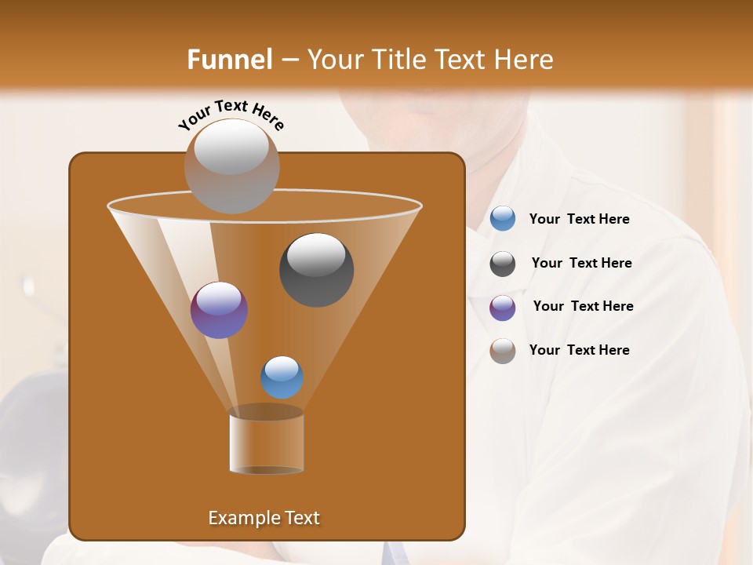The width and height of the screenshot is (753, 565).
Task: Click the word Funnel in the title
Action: [x=229, y=60]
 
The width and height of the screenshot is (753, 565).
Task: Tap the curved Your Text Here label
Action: [x=231, y=114]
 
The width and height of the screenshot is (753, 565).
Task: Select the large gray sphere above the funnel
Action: [x=231, y=166]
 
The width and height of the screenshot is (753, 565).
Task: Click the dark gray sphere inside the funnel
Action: [x=316, y=269]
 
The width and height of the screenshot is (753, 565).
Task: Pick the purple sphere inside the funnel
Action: [x=219, y=309]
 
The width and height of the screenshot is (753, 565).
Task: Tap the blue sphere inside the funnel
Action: [x=282, y=377]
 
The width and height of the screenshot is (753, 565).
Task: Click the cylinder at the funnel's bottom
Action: [x=266, y=442]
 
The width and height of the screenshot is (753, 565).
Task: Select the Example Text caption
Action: [x=264, y=518]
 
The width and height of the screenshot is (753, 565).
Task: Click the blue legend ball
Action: [x=503, y=219]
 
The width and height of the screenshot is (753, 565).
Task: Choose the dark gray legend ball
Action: [x=503, y=264]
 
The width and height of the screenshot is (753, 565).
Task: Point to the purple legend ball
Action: [x=503, y=307]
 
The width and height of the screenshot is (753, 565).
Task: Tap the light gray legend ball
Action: [x=503, y=351]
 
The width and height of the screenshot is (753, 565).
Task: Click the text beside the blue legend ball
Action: [x=579, y=220]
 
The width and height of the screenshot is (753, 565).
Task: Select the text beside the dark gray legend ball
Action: [x=581, y=264]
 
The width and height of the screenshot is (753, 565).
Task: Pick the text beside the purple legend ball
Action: [x=583, y=307]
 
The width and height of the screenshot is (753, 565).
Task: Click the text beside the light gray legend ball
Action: [x=579, y=351]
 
